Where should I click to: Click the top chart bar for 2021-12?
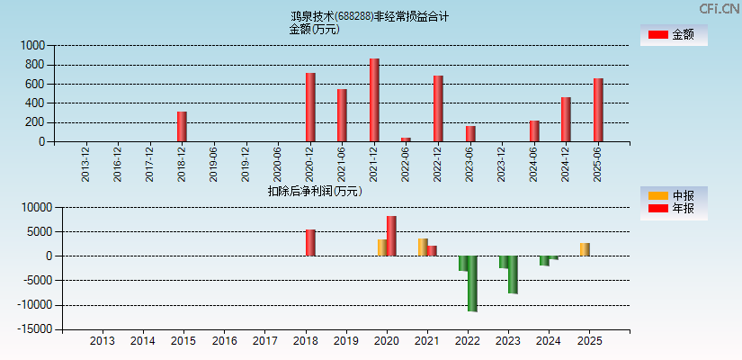374,100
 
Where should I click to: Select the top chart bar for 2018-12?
182,127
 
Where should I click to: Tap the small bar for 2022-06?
406,139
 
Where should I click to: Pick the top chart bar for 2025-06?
598,110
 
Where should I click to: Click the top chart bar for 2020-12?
310,107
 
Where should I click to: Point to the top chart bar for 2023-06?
470,134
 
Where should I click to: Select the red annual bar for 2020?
391,236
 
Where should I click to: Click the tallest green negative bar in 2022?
472,283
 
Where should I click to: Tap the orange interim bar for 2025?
585,249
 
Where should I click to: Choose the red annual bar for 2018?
310,243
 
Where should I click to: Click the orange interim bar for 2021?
423,247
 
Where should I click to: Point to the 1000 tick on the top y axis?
32,45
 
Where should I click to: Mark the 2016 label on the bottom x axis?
224,341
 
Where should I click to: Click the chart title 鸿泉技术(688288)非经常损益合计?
370,16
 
